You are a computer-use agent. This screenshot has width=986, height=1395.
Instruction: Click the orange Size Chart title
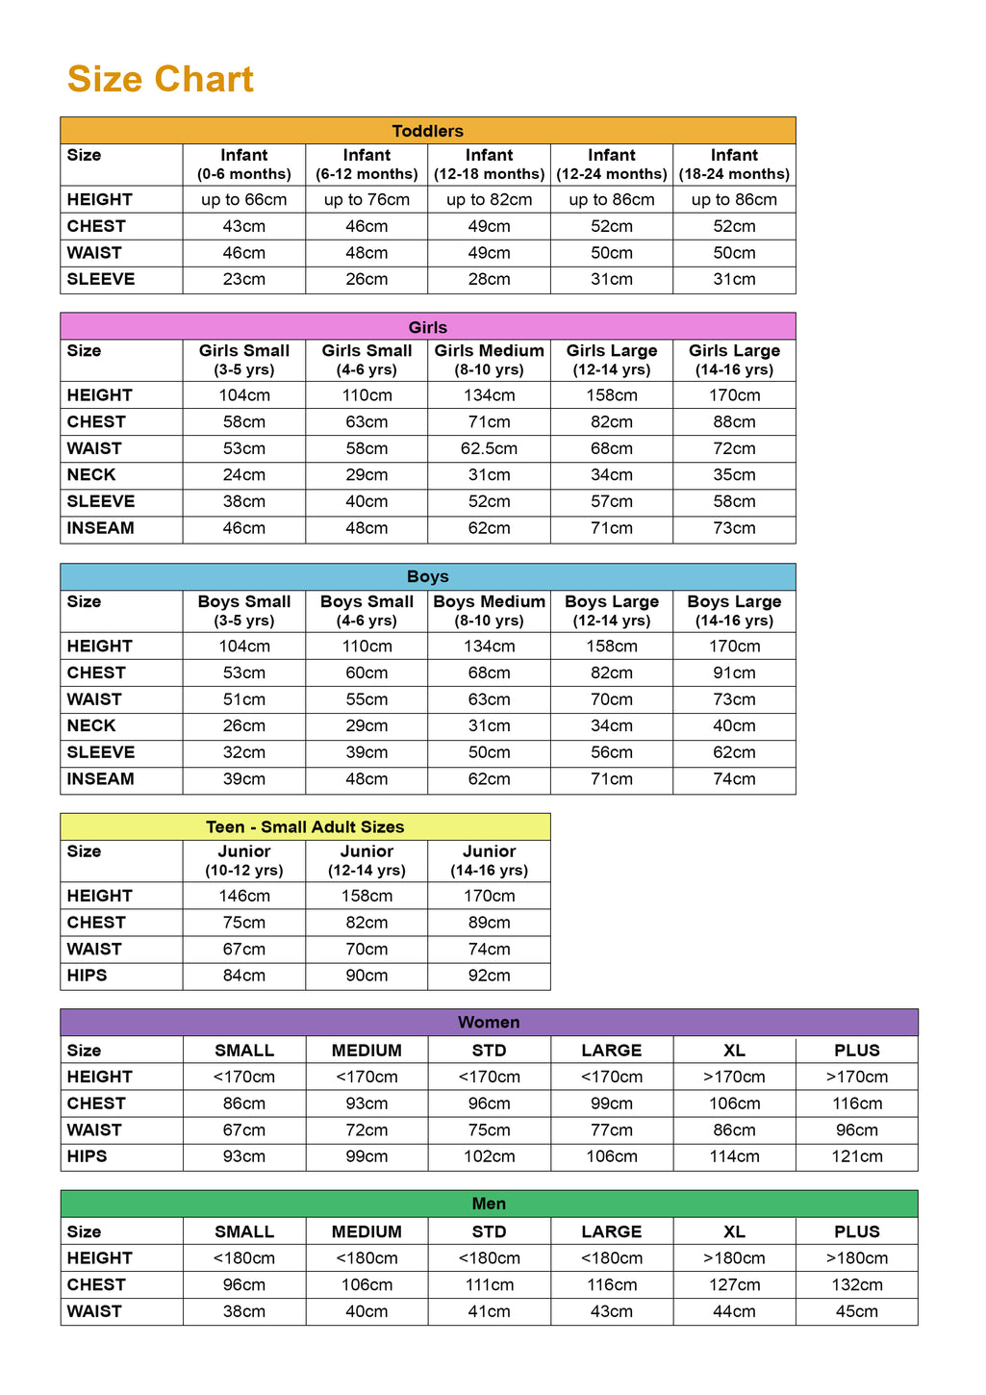(161, 80)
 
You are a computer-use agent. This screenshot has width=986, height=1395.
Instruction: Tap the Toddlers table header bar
(427, 131)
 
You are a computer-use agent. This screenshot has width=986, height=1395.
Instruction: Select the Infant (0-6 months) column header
(244, 164)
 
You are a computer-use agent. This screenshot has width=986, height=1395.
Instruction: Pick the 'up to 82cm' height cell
(489, 200)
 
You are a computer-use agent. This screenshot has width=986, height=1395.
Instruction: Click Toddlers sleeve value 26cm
(367, 280)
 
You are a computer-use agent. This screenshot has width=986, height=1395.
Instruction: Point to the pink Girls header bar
(427, 327)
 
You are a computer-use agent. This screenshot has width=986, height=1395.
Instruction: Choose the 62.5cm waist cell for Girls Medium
(489, 448)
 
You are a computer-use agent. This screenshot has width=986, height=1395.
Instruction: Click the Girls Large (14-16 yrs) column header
(734, 360)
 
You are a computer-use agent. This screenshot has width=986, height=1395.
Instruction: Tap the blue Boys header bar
(427, 577)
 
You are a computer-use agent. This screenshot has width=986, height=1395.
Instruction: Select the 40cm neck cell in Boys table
(734, 726)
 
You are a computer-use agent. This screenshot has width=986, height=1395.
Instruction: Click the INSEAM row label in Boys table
(101, 779)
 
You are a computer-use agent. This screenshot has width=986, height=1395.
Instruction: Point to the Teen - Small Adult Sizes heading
(305, 827)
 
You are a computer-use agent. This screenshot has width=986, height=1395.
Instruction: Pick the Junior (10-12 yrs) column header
(244, 860)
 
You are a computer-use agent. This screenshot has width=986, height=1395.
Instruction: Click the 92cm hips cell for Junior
(489, 976)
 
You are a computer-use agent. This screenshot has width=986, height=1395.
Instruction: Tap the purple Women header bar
(489, 1023)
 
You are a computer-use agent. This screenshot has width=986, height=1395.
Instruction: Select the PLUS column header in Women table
(857, 1051)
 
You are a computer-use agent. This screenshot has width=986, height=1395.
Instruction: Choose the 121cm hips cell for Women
(857, 1156)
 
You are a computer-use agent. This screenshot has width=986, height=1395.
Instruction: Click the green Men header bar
(489, 1204)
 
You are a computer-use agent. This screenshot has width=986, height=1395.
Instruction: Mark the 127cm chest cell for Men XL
(734, 1285)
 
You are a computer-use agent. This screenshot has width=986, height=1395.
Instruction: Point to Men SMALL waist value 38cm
(244, 1311)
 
